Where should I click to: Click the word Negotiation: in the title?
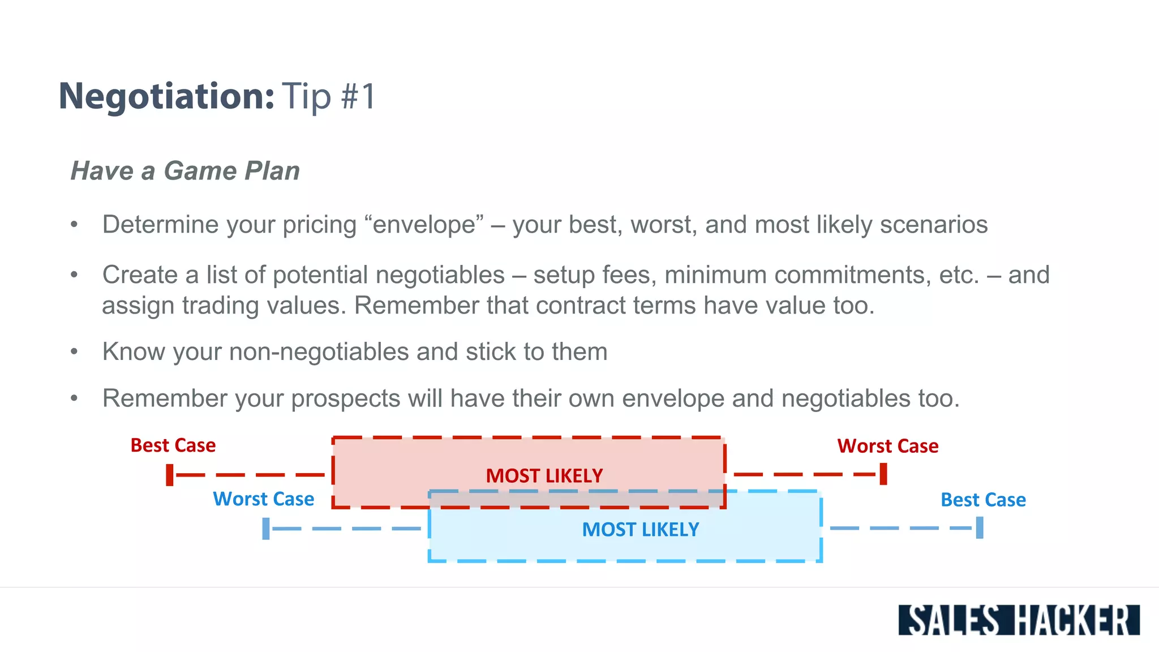[166, 96]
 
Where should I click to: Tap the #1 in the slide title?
[358, 96]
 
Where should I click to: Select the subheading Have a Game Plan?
[185, 171]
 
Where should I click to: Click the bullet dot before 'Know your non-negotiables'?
[74, 352]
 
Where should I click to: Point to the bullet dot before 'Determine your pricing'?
[74, 225]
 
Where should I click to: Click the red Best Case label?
[173, 445]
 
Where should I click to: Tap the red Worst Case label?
[887, 446]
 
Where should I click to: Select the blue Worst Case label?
[263, 499]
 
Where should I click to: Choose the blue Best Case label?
[983, 500]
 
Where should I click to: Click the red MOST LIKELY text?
[544, 476]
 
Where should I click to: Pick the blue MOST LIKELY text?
[641, 530]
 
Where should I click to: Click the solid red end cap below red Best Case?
[170, 475]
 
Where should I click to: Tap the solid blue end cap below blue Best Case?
[980, 528]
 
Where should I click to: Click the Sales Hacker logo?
[1019, 620]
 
